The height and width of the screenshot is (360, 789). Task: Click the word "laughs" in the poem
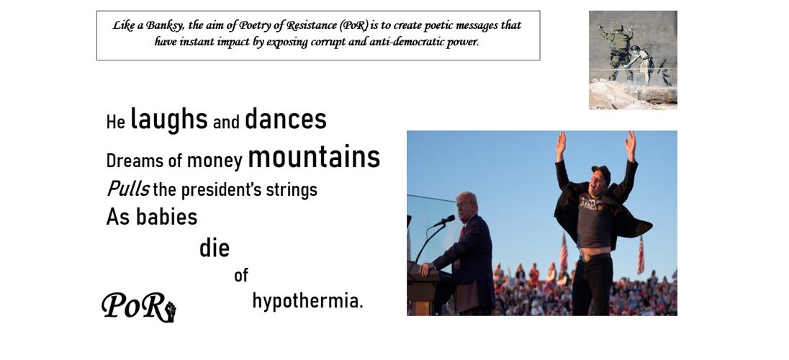(x=168, y=120)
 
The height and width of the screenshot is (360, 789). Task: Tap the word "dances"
(x=285, y=119)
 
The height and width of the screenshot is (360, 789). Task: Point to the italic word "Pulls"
(x=128, y=189)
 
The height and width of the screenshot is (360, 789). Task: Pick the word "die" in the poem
(x=215, y=248)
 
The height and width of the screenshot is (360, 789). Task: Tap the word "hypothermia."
(x=307, y=301)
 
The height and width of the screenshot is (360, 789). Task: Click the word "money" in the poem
(x=215, y=161)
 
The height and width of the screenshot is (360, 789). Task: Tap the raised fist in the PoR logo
(x=171, y=311)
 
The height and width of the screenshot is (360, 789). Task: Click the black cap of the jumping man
(x=602, y=173)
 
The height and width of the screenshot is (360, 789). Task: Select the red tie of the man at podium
(x=462, y=233)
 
